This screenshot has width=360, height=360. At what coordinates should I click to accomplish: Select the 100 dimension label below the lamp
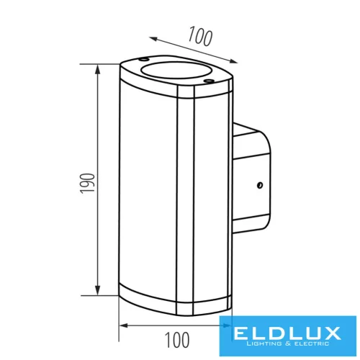click(x=176, y=337)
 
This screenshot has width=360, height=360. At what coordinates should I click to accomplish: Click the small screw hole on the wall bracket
click(x=256, y=184)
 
